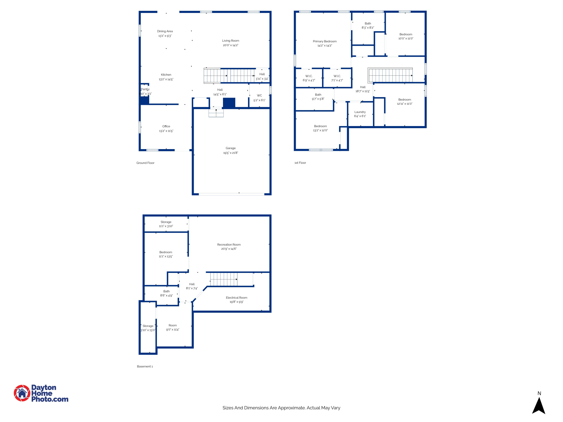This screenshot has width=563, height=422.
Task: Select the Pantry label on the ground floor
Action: pyautogui.click(x=145, y=89)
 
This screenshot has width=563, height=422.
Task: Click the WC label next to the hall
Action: pyautogui.click(x=259, y=96)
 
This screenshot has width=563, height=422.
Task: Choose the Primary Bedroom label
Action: pyautogui.click(x=324, y=41)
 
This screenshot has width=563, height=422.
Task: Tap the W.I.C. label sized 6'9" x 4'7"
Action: pyautogui.click(x=309, y=76)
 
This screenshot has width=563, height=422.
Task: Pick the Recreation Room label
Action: pyautogui.click(x=229, y=244)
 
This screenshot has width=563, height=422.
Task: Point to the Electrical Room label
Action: pyautogui.click(x=236, y=298)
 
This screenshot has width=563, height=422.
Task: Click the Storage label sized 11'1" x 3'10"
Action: pyautogui.click(x=166, y=222)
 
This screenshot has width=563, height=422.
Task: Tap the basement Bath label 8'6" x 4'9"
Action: pyautogui.click(x=166, y=291)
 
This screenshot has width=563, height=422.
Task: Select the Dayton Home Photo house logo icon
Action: pyautogui.click(x=22, y=393)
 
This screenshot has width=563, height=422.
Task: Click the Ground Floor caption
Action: pyautogui.click(x=145, y=163)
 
